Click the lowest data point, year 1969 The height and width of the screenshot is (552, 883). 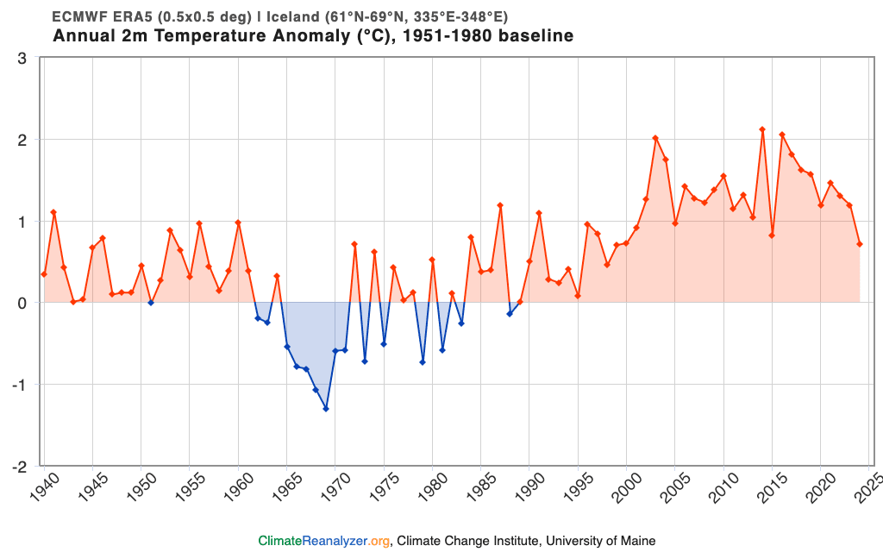point(326,408)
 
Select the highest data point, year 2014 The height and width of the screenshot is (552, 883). point(762,129)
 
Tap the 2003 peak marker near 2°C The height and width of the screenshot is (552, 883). point(655,138)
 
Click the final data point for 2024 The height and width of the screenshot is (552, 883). point(860,244)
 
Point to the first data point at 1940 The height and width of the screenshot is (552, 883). point(44,274)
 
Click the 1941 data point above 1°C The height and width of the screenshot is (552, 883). point(53,212)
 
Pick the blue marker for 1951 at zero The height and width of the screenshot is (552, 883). point(151,303)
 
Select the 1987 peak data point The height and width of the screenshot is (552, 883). point(500,205)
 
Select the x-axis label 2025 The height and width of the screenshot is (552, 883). point(864,487)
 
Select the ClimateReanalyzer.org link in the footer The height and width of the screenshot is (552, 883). point(324,541)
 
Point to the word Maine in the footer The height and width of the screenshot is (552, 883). point(638,541)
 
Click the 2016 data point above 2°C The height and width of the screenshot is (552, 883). point(782,135)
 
